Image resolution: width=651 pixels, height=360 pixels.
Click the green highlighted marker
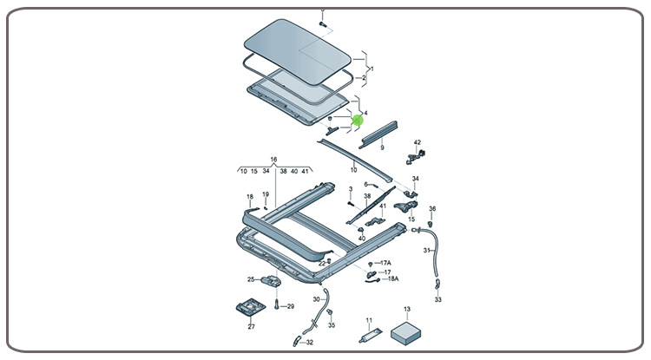tap(356, 121)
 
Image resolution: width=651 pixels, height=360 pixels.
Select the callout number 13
tap(406, 310)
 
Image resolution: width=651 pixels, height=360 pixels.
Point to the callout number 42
tap(417, 142)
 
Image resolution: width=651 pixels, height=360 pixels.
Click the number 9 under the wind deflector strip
tap(381, 148)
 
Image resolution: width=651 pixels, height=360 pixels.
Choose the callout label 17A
tap(385, 263)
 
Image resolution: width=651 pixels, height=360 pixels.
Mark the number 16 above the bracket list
tap(273, 160)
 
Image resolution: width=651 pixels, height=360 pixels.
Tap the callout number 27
tap(252, 327)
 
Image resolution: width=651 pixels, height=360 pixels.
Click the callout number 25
tap(251, 279)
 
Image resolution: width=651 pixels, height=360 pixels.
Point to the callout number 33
tap(437, 299)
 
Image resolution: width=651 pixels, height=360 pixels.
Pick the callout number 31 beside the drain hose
tap(426, 250)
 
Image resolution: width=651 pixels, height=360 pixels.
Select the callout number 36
tap(432, 209)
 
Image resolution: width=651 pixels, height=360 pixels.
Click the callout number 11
tap(368, 320)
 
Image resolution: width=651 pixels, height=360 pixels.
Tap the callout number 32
tap(310, 343)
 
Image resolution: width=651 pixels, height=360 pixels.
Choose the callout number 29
tap(290, 307)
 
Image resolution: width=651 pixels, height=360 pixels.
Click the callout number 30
tap(317, 299)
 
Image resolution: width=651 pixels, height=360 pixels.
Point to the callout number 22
tap(321, 263)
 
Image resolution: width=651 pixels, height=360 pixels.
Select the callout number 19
tap(266, 194)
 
